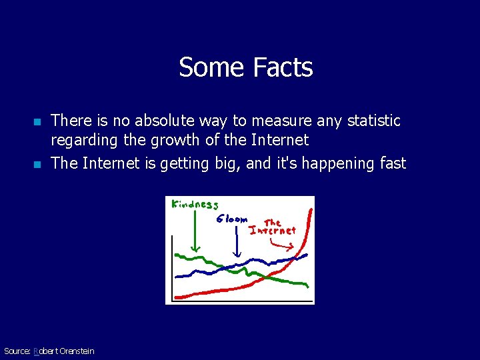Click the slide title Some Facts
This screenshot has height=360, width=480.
coord(245,67)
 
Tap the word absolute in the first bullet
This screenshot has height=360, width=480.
coord(166,121)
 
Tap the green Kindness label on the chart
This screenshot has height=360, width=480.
coord(195,205)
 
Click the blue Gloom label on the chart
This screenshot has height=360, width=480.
coord(232,219)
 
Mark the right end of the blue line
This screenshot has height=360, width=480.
coord(306,255)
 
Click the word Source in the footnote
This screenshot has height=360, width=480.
coord(17,351)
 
